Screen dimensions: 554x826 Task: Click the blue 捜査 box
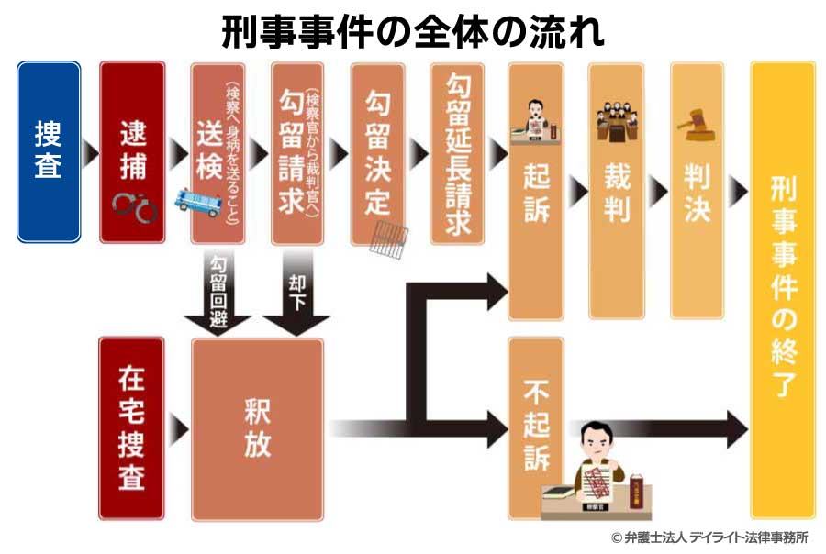[x=49, y=151]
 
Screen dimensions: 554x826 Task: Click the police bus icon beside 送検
[x=200, y=203]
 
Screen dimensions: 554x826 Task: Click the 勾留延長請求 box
[x=458, y=151]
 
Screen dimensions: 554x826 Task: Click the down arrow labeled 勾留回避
[x=217, y=294]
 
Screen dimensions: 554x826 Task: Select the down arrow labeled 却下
[x=296, y=294]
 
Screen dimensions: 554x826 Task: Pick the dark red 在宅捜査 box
[x=131, y=427]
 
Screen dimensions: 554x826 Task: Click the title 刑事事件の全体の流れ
[x=413, y=33]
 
